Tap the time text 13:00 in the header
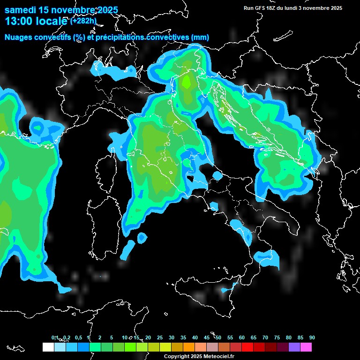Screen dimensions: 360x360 19,21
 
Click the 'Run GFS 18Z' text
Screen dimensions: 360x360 261,8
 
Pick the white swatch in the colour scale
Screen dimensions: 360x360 48,347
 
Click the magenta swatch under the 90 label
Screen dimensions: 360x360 306,347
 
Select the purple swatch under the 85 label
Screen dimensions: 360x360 294,347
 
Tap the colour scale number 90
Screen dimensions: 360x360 312,337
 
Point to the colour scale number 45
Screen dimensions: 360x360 207,337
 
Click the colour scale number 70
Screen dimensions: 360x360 265,337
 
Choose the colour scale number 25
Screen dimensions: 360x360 160,337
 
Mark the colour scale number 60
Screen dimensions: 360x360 242,337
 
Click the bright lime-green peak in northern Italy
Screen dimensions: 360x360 187,82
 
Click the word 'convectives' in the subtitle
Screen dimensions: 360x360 166,37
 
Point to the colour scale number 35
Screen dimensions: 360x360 183,337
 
